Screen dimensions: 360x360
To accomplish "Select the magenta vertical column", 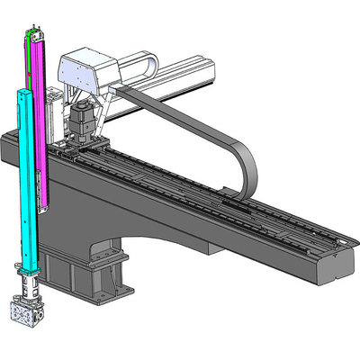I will (40, 117).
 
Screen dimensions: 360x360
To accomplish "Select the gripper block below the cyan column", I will (28, 315).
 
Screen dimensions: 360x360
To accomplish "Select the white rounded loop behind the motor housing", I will (139, 65).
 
